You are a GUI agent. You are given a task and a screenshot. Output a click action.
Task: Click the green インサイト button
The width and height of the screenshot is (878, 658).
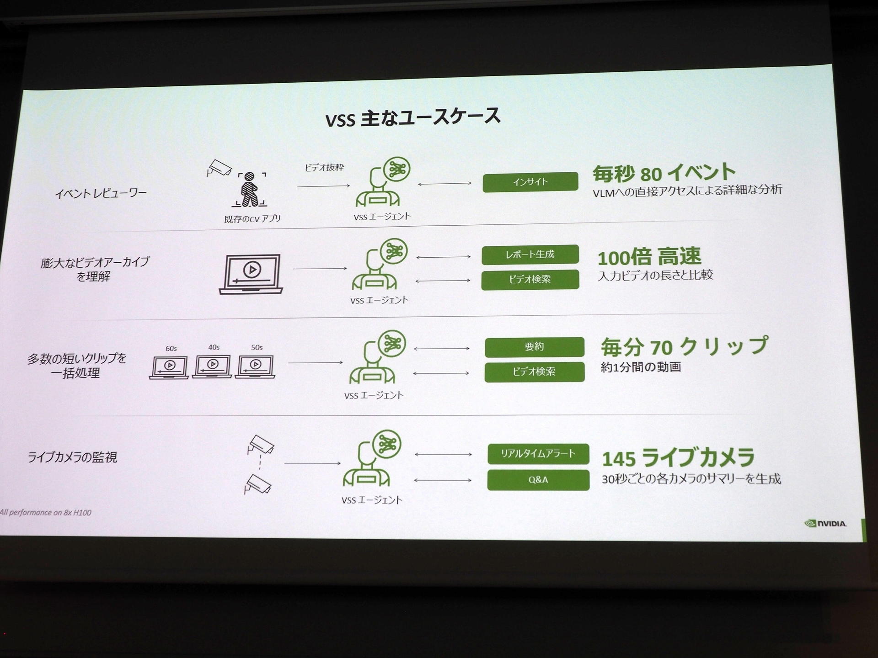click(530, 182)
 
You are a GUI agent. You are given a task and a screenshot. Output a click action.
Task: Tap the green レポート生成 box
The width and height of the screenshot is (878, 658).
click(530, 255)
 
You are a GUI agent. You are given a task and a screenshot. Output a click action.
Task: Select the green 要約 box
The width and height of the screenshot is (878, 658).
click(534, 347)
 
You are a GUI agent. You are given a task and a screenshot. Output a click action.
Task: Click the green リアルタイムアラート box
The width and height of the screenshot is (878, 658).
click(538, 454)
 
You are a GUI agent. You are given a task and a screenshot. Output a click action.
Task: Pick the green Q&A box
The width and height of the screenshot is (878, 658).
click(538, 480)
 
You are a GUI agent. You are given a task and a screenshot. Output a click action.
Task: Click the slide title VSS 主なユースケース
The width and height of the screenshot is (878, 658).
click(413, 118)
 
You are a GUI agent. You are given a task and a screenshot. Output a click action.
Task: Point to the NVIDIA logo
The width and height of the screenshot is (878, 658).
click(825, 523)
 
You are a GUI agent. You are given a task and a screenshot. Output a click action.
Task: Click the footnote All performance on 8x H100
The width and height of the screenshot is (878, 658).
click(46, 512)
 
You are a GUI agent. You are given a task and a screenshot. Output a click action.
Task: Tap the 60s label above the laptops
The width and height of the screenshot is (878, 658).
click(171, 348)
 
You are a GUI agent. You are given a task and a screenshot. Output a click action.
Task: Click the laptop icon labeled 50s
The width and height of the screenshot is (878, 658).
click(255, 366)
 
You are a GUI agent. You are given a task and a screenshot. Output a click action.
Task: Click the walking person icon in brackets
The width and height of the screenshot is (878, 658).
click(250, 189)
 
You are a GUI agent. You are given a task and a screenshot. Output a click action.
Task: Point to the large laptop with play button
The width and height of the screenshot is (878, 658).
click(251, 274)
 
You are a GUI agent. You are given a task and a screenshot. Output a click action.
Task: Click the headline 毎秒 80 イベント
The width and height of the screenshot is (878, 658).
click(664, 173)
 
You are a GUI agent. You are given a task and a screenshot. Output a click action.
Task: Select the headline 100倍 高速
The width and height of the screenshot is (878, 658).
click(649, 257)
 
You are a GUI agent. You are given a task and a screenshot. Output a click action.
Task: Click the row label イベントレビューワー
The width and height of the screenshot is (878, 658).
click(101, 194)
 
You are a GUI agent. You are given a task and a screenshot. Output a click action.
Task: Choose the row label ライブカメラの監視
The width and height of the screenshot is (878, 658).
click(72, 457)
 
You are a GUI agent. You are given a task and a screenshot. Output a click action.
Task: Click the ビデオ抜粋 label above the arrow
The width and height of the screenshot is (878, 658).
click(324, 168)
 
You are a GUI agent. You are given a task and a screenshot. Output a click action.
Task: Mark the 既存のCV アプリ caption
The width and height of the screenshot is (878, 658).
click(252, 219)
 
